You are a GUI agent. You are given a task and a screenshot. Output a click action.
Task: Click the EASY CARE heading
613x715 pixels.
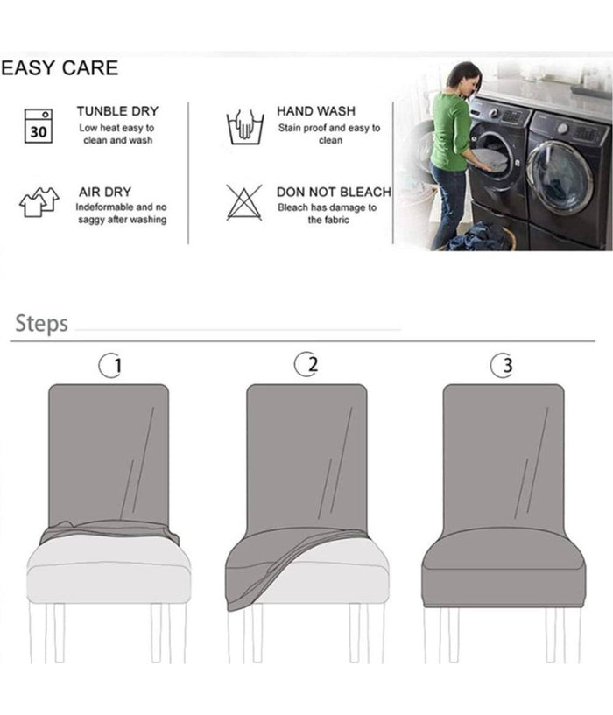click(60, 68)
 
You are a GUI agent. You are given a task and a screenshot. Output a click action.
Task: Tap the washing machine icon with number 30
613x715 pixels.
click(39, 126)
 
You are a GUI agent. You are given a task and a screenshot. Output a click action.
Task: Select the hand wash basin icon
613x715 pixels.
click(245, 127)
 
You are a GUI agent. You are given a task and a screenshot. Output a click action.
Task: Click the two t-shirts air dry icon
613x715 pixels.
click(39, 202)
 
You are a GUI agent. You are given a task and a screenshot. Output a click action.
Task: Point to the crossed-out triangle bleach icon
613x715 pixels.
click(244, 202)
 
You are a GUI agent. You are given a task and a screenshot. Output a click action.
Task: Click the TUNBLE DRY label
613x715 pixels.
click(117, 111)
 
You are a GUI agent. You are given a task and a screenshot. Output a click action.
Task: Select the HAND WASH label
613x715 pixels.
click(316, 111)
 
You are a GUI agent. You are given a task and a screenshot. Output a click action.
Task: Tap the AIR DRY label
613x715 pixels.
click(105, 192)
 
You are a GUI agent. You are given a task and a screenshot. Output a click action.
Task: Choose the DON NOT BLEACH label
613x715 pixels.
click(334, 192)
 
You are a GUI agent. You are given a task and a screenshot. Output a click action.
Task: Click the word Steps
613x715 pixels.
click(41, 323)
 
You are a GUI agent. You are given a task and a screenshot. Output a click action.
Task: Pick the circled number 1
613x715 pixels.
click(110, 365)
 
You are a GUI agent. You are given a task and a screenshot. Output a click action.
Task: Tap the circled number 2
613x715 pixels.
click(306, 364)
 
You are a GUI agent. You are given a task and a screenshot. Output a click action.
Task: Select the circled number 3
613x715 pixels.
click(502, 365)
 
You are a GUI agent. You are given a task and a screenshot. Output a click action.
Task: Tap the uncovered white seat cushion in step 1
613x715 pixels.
click(109, 569)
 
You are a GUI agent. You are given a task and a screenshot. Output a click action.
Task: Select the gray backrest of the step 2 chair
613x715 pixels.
click(306, 456)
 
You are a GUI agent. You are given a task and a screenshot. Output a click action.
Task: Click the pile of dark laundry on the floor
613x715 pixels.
click(478, 237)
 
